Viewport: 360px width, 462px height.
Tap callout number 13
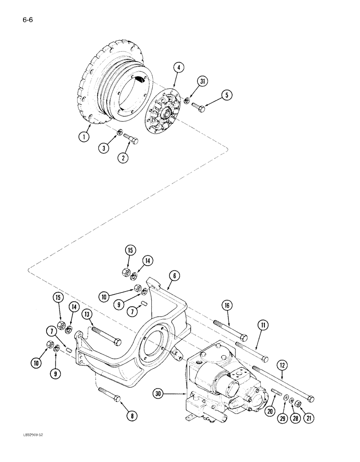[x=86, y=315]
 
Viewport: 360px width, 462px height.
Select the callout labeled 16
[x=228, y=305]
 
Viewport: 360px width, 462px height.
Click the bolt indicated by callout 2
[x=131, y=138]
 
